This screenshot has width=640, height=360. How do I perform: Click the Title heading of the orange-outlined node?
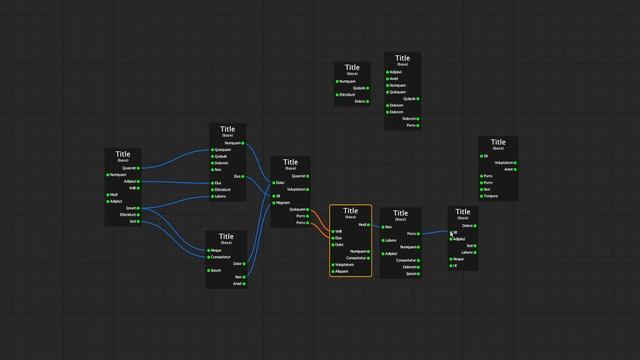point(351,211)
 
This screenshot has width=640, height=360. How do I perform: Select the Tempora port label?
point(490,196)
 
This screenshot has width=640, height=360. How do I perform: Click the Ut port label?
point(456,266)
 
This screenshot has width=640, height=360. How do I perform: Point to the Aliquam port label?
point(341,271)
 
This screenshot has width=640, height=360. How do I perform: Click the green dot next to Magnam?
point(274,203)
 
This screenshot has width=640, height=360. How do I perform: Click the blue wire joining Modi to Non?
point(377,226)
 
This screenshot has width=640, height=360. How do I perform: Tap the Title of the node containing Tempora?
point(498,142)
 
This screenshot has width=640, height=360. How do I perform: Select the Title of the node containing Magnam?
point(290,162)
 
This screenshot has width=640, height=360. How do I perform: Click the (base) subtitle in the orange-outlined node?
point(351,217)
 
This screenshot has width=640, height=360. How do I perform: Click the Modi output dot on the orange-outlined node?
point(369,225)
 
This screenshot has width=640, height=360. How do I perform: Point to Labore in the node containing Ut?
point(467,252)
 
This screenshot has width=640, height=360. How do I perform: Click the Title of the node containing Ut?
point(462,212)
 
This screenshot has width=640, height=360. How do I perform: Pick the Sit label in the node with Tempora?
point(486,156)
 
